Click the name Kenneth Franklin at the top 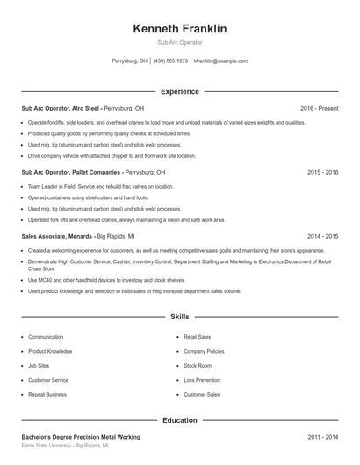(x=179, y=29)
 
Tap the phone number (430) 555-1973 (x=170, y=61)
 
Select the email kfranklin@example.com (x=220, y=61)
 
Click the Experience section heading (x=179, y=91)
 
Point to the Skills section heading (x=179, y=316)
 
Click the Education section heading (x=179, y=420)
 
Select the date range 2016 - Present (x=319, y=108)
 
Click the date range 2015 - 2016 (x=322, y=173)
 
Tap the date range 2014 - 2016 (x=322, y=237)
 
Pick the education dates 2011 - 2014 (x=322, y=436)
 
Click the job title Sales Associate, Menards (x=54, y=237)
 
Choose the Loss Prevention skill (x=202, y=380)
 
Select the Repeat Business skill (x=47, y=394)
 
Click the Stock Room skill (x=198, y=365)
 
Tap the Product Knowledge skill (x=50, y=351)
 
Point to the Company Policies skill (x=204, y=351)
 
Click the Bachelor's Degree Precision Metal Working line (x=80, y=436)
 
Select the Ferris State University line (x=65, y=446)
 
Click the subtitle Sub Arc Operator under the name (x=179, y=42)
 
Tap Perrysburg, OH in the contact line (x=130, y=61)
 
